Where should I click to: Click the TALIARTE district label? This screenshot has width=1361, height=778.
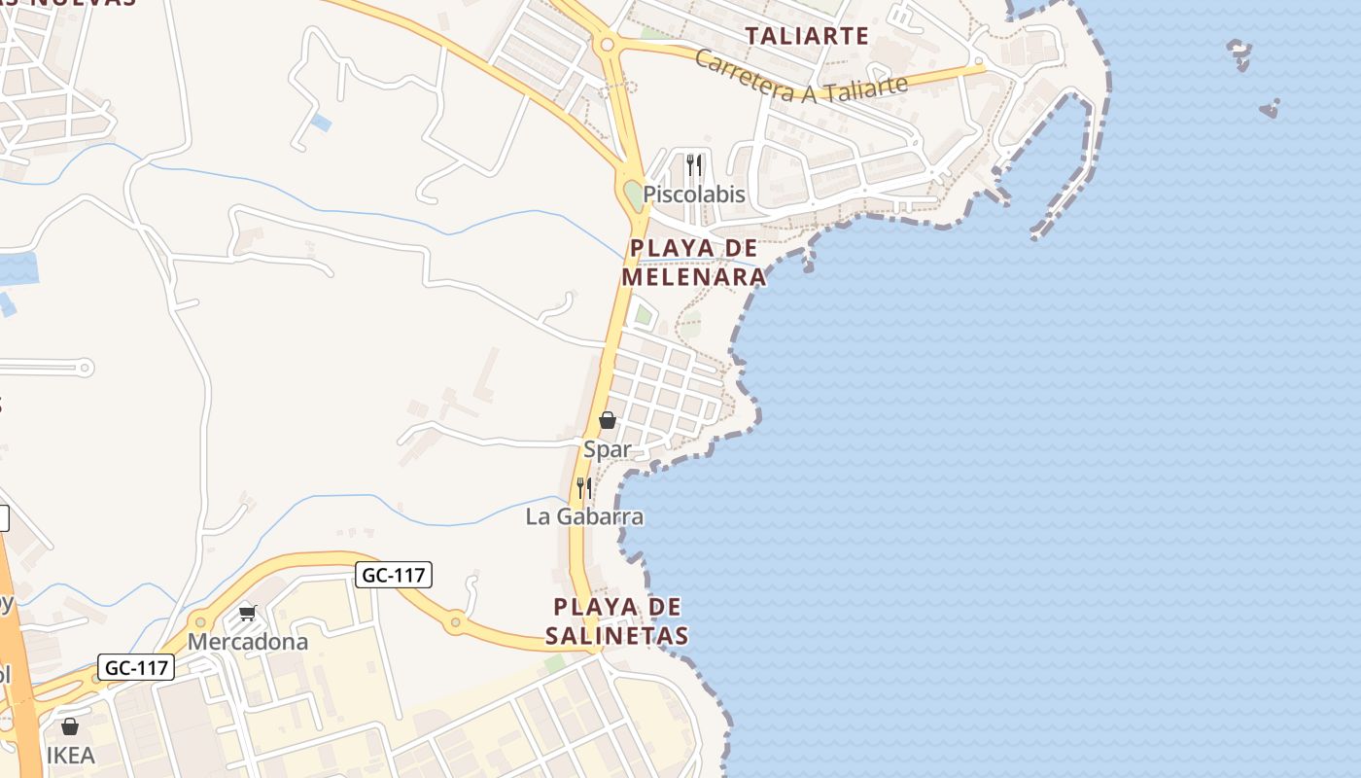coord(807,36)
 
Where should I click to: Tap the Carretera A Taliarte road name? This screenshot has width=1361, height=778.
coord(801,76)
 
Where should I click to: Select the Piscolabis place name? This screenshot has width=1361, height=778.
coord(694,194)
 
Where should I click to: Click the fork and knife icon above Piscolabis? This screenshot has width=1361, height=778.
coord(693,164)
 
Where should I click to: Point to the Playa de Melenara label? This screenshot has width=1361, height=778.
coord(694,263)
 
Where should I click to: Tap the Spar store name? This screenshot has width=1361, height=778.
coord(607,449)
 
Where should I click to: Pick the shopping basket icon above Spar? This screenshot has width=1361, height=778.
coord(608,420)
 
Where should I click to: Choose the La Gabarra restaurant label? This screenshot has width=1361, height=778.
coord(584,516)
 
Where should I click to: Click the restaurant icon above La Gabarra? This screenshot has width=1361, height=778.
coord(584,487)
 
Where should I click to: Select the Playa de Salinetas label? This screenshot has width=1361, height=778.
coord(616,621)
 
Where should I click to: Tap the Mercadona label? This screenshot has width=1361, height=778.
coord(248,642)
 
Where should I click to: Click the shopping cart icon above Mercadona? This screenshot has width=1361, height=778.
coord(248,613)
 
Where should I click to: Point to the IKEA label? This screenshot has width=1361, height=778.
coord(71,756)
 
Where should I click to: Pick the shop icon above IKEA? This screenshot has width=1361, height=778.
coord(70,726)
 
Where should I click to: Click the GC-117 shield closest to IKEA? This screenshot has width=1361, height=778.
coord(136,668)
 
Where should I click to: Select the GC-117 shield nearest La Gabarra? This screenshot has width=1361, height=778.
coord(393,575)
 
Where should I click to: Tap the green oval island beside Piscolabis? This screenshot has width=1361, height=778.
coord(633,194)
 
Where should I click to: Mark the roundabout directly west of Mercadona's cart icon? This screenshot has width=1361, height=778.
coord(200,620)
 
